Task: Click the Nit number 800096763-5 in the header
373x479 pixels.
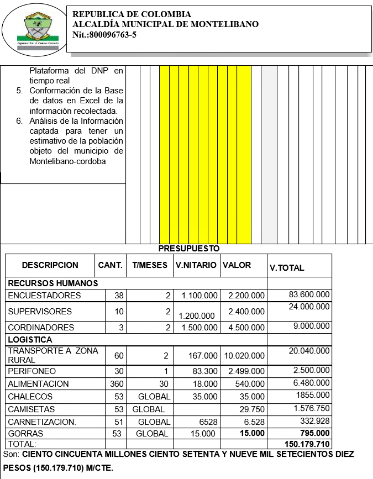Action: (x=104, y=35)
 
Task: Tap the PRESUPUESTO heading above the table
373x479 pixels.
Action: (x=189, y=249)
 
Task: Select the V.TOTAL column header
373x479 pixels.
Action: (x=287, y=268)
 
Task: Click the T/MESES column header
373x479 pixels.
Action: (x=149, y=265)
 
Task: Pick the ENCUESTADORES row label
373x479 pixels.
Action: (x=44, y=296)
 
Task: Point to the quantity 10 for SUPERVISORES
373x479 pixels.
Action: (x=119, y=311)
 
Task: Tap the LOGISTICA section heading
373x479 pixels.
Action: (x=30, y=340)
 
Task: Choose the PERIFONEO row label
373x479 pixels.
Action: (x=32, y=371)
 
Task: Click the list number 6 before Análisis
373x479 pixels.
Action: (x=19, y=121)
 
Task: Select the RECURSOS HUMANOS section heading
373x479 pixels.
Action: (x=53, y=283)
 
